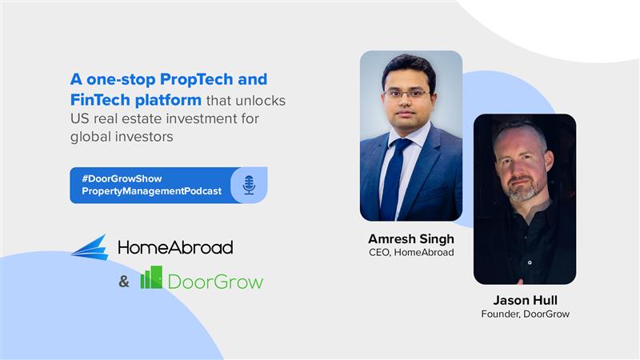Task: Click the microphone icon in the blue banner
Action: tap(249, 185)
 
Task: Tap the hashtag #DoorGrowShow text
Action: tap(122, 178)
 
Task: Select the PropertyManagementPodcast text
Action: tap(151, 191)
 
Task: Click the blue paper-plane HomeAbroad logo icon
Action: tap(90, 247)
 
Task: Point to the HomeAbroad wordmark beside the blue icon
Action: tap(175, 247)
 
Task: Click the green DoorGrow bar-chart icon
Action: tap(151, 278)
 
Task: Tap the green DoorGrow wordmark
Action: tap(215, 282)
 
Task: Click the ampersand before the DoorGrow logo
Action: tap(124, 282)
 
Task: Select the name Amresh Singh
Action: tap(411, 238)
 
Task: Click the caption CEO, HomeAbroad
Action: tap(411, 253)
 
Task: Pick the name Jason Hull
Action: tap(525, 301)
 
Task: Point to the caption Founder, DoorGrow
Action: tap(525, 314)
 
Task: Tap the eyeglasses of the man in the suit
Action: tap(406, 94)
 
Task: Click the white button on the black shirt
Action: tap(530, 262)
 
